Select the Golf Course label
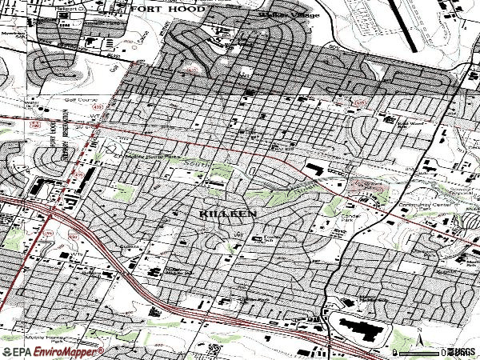pyautogui.click(x=80, y=100)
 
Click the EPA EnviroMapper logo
pyautogui.click(x=53, y=352)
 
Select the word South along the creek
pyautogui.click(x=195, y=164)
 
